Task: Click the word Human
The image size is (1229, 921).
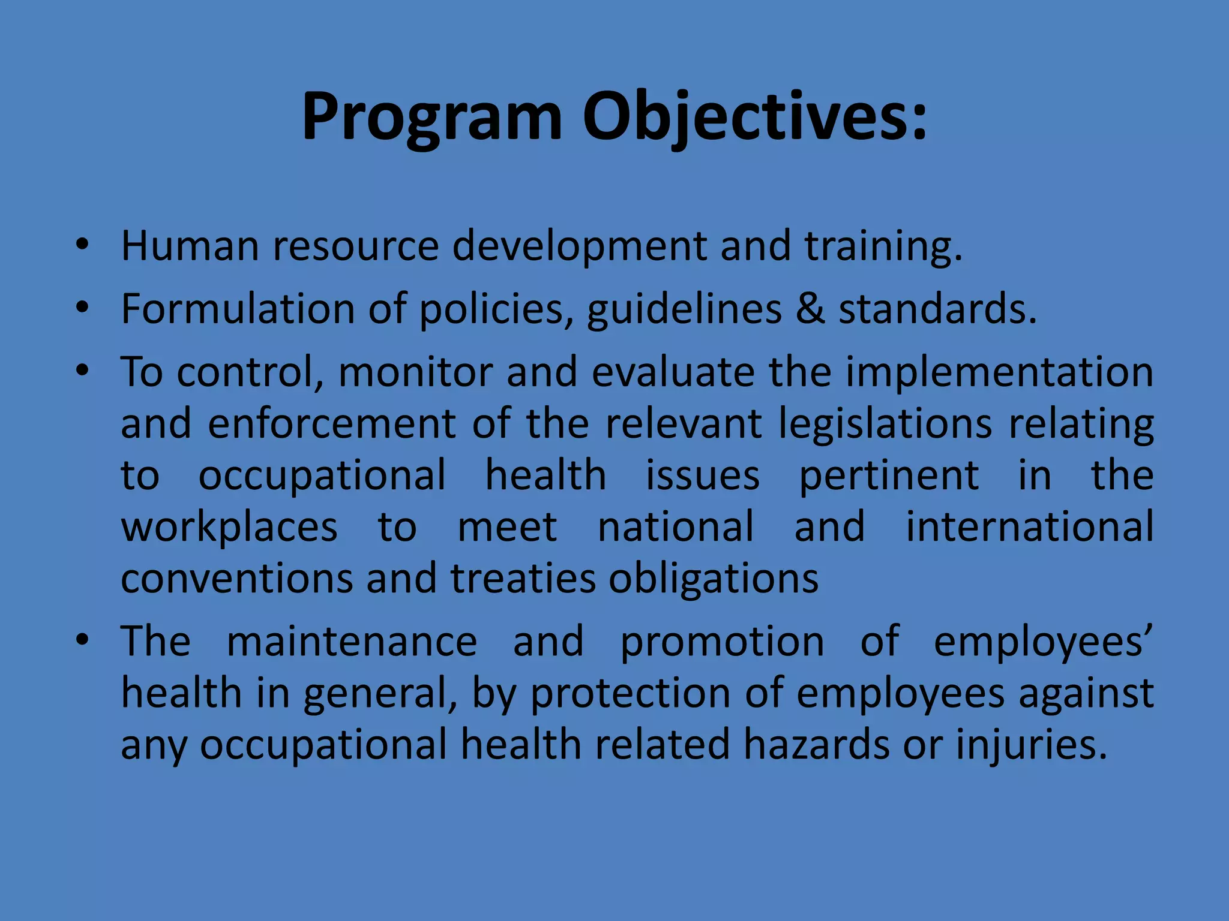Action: tap(190, 246)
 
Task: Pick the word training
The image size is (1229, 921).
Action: tap(883, 248)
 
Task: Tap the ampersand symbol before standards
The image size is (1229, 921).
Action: tap(810, 309)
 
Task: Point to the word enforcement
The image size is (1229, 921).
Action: tap(332, 424)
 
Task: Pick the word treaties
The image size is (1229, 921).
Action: tap(523, 579)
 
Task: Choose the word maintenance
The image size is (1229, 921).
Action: tap(352, 642)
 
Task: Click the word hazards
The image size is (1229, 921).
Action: tap(816, 745)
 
